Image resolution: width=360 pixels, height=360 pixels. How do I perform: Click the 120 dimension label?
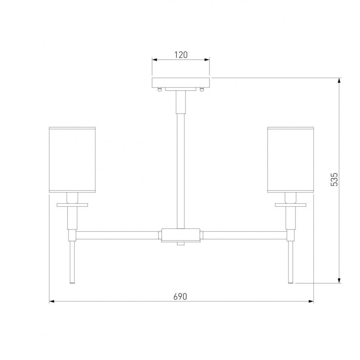[181, 55]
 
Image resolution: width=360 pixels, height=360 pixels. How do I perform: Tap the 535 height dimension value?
[334, 179]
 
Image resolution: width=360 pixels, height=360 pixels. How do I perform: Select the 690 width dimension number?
[180, 297]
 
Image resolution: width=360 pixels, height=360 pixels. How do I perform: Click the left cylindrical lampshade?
[72, 160]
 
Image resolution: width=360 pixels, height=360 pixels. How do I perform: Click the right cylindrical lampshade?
[291, 160]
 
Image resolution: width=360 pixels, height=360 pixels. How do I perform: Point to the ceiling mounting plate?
[181, 83]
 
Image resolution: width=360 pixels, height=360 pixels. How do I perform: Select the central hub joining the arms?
[180, 235]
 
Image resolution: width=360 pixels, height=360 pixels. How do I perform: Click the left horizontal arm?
[118, 235]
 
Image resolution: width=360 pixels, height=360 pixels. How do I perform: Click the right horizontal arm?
[245, 235]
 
